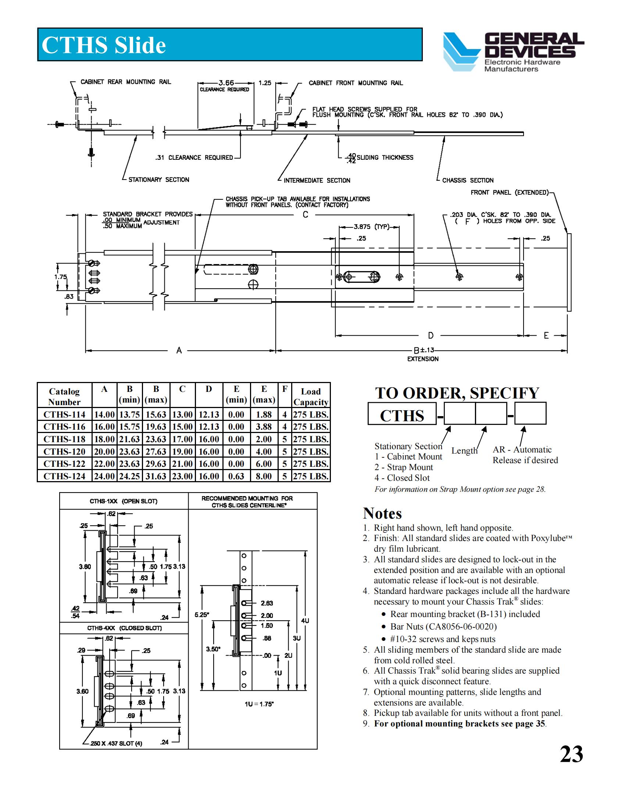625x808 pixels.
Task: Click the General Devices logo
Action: (513, 52)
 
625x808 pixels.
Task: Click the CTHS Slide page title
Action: (104, 45)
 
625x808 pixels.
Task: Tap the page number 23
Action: (571, 754)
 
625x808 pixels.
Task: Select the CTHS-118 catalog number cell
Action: (64, 439)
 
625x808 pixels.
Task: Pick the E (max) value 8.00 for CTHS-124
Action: (264, 476)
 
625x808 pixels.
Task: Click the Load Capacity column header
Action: (311, 397)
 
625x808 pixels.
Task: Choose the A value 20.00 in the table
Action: (104, 451)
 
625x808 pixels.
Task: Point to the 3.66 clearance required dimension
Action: (226, 83)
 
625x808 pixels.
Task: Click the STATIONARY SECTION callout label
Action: (158, 180)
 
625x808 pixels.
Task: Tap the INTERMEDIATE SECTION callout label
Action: (317, 181)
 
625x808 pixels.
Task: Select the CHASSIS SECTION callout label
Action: (468, 181)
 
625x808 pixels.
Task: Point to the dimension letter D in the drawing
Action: (431, 336)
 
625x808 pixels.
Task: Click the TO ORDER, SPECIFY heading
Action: (457, 393)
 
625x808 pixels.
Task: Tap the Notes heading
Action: (382, 513)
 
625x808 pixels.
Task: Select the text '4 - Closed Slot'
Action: (402, 478)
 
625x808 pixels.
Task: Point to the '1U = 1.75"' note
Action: (259, 704)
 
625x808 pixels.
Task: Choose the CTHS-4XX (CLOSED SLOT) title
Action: (124, 628)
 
